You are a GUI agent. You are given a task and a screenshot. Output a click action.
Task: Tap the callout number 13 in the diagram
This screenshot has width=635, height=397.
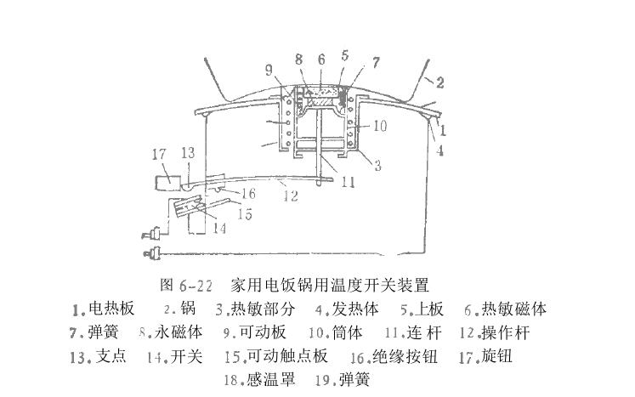click(x=188, y=153)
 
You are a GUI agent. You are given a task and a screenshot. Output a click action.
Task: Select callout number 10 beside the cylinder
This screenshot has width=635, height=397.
click(x=379, y=126)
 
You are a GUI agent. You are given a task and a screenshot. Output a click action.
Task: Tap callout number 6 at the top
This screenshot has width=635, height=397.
click(x=321, y=59)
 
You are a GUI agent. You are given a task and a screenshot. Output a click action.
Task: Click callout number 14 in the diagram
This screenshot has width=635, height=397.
click(x=219, y=228)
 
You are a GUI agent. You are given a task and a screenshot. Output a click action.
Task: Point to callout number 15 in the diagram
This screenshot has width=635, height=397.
click(x=245, y=214)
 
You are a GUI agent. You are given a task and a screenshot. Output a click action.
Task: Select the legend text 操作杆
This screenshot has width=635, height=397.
click(x=505, y=332)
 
